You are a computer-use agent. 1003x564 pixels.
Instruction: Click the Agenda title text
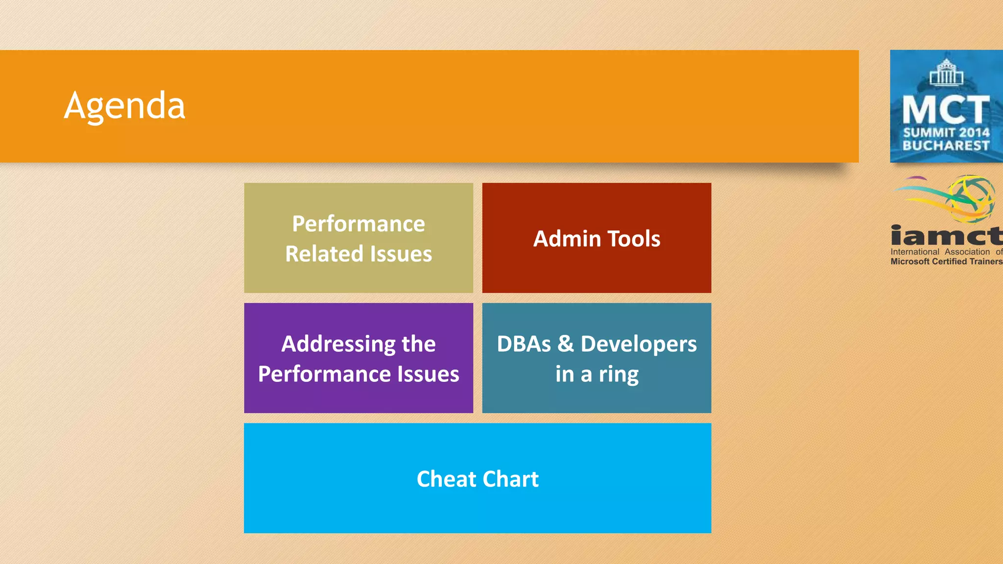124,106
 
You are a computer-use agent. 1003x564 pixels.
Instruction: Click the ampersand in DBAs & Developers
566,344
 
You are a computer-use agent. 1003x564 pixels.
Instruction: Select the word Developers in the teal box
639,344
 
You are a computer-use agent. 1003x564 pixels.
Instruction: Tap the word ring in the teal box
619,375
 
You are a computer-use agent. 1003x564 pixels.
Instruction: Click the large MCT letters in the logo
946,110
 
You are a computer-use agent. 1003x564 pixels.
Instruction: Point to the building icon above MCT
946,72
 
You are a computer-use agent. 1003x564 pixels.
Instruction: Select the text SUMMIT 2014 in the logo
946,133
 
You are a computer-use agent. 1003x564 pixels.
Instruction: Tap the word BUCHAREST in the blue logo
946,145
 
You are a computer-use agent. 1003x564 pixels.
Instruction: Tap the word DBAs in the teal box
524,344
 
